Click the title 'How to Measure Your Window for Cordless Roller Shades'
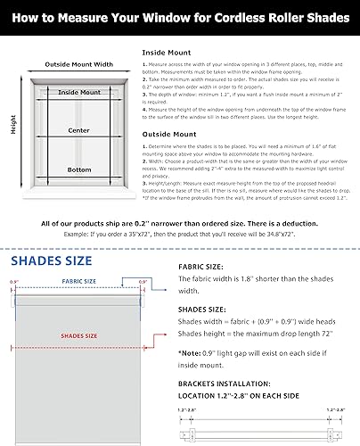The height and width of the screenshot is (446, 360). coord(180,16)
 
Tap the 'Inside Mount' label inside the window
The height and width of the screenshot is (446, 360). coord(78,92)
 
